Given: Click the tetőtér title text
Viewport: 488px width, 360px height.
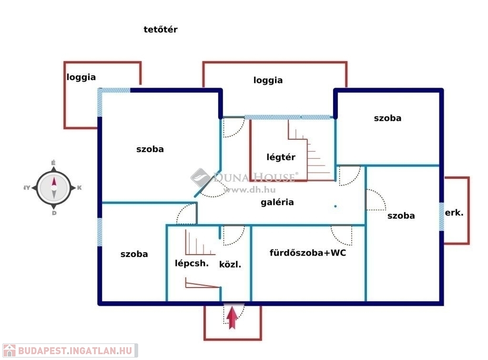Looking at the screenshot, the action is tap(160, 29).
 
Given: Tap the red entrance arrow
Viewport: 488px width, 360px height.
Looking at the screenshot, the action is tap(232, 318).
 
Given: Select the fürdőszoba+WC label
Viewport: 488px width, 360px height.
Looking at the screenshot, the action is tap(308, 252).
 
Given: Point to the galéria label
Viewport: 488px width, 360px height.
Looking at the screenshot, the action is tap(277, 202).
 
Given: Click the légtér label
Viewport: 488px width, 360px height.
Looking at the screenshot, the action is tap(281, 157).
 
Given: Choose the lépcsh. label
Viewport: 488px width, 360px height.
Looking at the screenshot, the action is tap(192, 263).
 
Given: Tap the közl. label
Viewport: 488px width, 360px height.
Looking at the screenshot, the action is tap(230, 264).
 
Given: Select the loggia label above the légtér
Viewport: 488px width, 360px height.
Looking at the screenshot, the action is tap(268, 81).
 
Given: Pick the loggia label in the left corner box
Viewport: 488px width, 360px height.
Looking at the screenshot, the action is tap(81, 77).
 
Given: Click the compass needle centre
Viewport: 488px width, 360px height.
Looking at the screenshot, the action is tap(54, 188).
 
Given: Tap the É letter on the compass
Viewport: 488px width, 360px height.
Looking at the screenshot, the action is tap(53, 163).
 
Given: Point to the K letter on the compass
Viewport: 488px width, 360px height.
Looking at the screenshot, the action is tap(80, 187).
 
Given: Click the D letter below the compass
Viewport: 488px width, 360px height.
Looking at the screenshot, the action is tap(54, 213).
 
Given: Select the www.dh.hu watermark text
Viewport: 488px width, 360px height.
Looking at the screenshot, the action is tap(249, 190).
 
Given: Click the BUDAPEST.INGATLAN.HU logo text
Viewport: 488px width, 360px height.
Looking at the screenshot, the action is tap(75, 350).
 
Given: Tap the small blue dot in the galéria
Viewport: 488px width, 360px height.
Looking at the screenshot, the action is tap(335, 206).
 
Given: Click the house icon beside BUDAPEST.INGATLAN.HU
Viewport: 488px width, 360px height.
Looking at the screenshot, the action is tap(10, 350).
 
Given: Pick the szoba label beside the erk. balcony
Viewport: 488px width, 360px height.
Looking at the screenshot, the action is tap(401, 216).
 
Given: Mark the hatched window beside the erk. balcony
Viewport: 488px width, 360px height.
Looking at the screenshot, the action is tap(441, 217).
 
